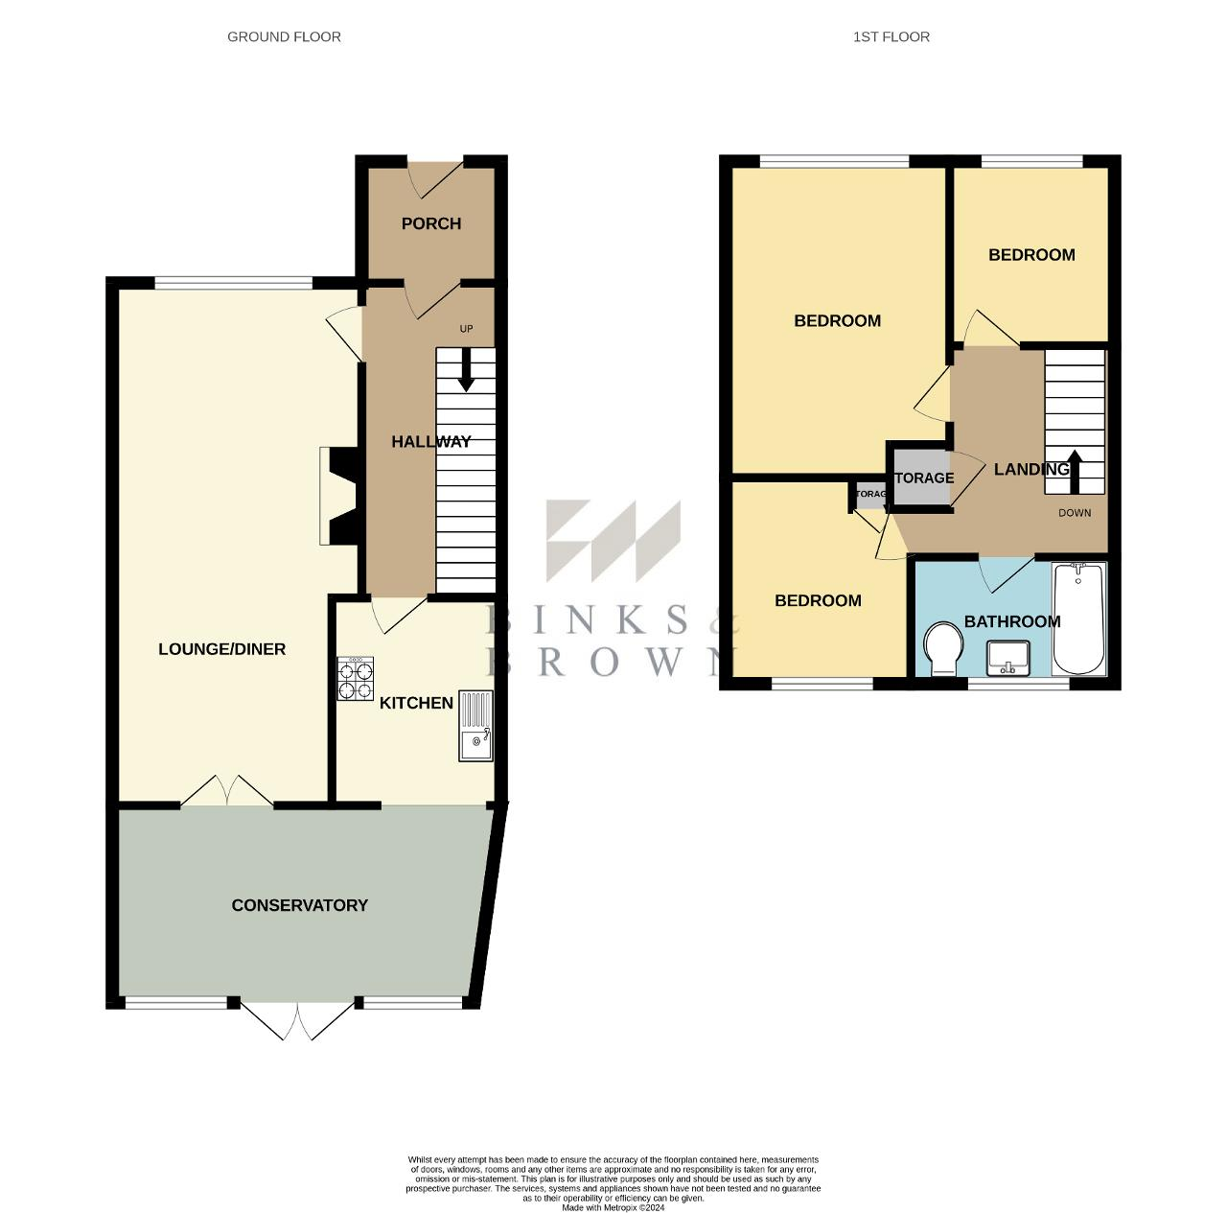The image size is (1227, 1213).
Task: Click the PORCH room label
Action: pyautogui.click(x=430, y=223)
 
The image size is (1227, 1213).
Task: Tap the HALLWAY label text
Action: pyautogui.click(x=430, y=442)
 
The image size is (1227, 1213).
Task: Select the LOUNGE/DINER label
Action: pyautogui.click(x=221, y=649)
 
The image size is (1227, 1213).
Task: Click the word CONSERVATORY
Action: pyautogui.click(x=299, y=905)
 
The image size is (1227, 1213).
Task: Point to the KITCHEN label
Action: pyautogui.click(x=416, y=703)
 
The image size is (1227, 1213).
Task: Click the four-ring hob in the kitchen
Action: pyautogui.click(x=355, y=678)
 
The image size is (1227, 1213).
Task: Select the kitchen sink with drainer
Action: pyautogui.click(x=475, y=726)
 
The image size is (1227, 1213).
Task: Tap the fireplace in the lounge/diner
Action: pyautogui.click(x=339, y=497)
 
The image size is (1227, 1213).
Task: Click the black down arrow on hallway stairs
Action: pyautogui.click(x=466, y=370)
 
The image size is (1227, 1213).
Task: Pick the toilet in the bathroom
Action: pyautogui.click(x=943, y=649)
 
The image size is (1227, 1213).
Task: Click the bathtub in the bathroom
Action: pyautogui.click(x=1078, y=618)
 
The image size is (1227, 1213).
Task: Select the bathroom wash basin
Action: pyautogui.click(x=1007, y=658)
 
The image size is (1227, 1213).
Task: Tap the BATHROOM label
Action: pyautogui.click(x=1011, y=621)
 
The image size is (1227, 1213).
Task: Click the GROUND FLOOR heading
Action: pyautogui.click(x=284, y=36)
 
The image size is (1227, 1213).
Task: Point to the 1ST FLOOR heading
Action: pyautogui.click(x=891, y=36)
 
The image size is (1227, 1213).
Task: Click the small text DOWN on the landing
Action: pyautogui.click(x=1075, y=513)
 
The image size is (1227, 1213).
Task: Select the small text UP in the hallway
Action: pyautogui.click(x=466, y=329)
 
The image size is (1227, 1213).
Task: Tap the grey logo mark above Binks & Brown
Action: pyautogui.click(x=613, y=541)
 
